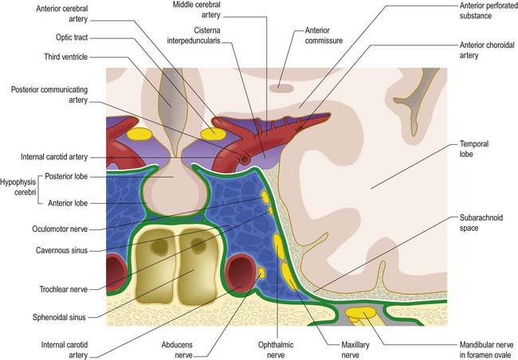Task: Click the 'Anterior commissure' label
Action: tap(324, 35)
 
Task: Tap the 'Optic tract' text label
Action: tap(72, 37)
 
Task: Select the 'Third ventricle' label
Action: tap(66, 57)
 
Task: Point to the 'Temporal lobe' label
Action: tap(474, 149)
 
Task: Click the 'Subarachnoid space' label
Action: tap(481, 223)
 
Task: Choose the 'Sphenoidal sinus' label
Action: tap(59, 318)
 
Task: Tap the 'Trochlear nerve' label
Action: tap(64, 290)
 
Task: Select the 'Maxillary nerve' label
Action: tap(355, 350)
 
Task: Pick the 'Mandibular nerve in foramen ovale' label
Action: tap(487, 350)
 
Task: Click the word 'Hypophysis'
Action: tap(18, 182)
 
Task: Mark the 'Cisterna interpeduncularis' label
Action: tap(194, 35)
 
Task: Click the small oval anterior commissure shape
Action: tap(281, 88)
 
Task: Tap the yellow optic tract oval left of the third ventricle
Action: tap(139, 134)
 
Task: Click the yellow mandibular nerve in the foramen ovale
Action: tap(360, 314)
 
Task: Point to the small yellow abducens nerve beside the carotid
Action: tap(261, 272)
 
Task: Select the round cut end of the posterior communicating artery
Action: tap(245, 158)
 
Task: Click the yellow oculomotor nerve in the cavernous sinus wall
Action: tap(265, 198)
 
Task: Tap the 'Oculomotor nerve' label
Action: tap(60, 229)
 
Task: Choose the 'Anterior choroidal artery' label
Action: tap(487, 50)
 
